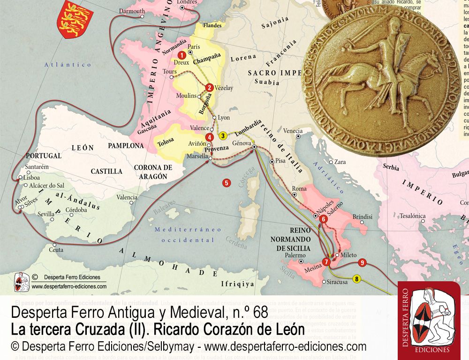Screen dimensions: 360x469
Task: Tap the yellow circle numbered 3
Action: point(223,136)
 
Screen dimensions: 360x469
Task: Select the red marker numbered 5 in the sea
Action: point(227,183)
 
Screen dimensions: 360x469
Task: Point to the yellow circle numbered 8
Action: point(357,279)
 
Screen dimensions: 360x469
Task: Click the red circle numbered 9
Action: point(362,262)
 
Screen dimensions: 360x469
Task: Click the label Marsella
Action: point(197,157)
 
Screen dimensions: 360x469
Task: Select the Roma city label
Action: point(299,188)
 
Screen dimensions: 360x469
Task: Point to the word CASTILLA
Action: point(106,172)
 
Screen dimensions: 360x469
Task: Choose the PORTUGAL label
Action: point(44,155)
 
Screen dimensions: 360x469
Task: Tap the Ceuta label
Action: point(56,250)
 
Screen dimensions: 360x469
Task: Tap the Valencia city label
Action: point(127,197)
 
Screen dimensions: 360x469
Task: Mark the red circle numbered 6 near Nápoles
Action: point(323,219)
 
